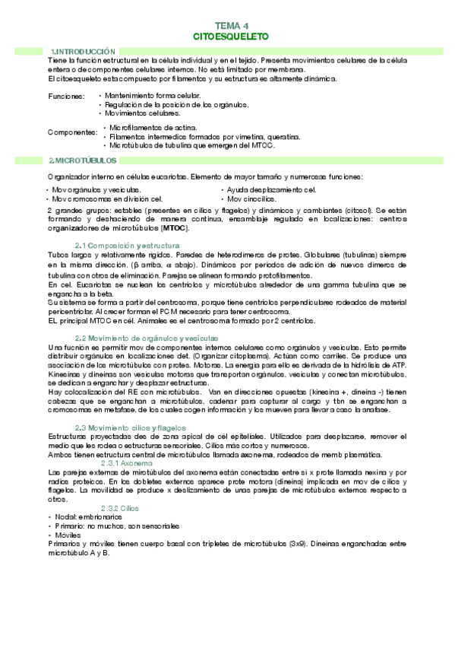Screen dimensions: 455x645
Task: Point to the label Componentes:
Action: [x=72, y=132]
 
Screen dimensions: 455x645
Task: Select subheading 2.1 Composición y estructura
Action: [x=127, y=245]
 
